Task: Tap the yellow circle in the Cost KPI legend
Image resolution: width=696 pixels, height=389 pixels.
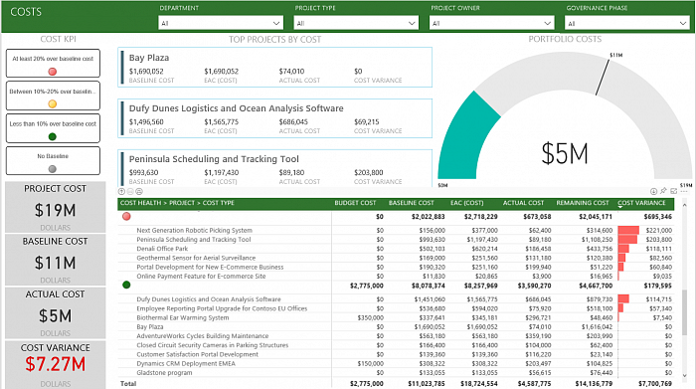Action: click(52, 103)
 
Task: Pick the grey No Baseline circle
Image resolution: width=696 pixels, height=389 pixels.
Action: click(52, 169)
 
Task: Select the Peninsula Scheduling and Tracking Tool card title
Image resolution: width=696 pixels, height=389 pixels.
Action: click(214, 159)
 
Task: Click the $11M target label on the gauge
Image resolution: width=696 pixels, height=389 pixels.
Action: click(615, 55)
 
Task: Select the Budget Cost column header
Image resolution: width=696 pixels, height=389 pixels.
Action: click(355, 203)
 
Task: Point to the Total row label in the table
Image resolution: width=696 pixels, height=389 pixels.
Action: click(127, 382)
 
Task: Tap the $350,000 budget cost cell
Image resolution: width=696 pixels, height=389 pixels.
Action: click(365, 317)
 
